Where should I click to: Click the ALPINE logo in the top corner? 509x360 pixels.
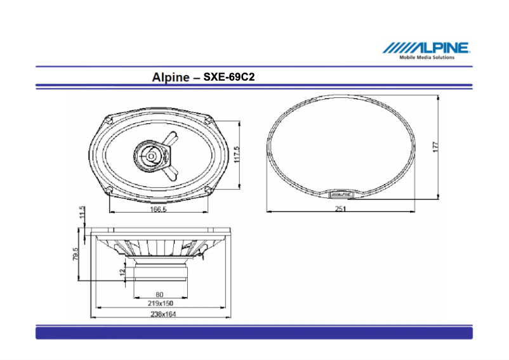coord(426,48)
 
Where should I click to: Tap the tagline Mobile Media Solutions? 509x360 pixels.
coord(426,57)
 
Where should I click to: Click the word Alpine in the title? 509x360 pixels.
coord(171,77)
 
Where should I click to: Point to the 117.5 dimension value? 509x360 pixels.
coord(237,154)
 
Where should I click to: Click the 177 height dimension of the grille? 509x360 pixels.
coord(435,145)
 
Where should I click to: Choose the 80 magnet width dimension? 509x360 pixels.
coord(159,294)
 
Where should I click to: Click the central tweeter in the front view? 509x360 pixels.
coord(152,154)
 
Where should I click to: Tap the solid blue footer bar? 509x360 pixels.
coord(254,333)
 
